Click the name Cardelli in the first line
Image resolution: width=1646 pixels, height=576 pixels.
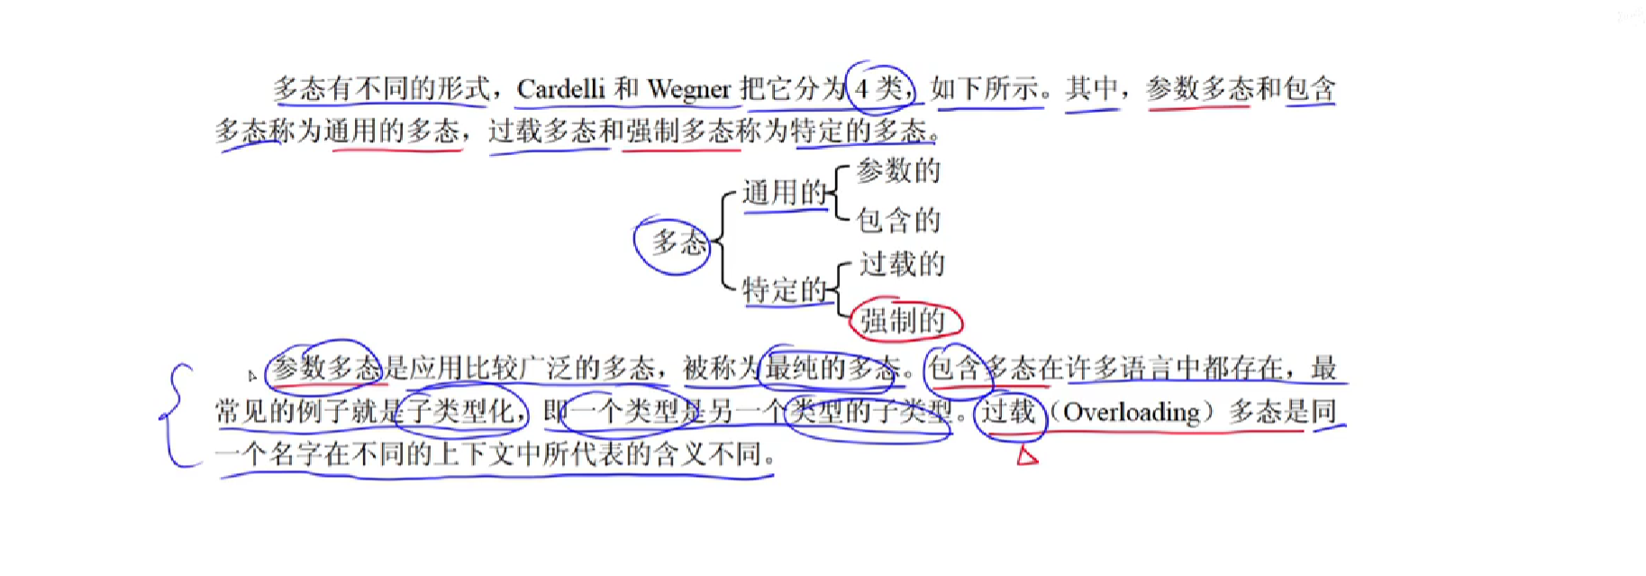coord(560,88)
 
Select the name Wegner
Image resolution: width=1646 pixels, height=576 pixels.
coord(689,88)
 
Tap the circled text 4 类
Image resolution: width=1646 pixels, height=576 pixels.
coord(879,88)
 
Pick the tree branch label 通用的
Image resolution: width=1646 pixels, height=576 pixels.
coord(783,192)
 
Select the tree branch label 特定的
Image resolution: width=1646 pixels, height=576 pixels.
coord(783,290)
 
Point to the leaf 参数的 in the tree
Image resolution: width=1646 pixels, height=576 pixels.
coord(898,170)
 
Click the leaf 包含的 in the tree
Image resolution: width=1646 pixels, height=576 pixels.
coord(898,220)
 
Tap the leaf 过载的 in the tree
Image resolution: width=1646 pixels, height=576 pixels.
coord(902,264)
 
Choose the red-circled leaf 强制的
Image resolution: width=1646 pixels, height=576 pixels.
coord(904,320)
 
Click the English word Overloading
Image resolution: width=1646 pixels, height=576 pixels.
coord(1132,412)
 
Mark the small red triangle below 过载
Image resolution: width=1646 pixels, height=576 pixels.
coord(1026,456)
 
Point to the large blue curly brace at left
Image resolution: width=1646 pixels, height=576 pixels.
coord(177,415)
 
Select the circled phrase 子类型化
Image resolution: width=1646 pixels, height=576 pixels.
coord(461,412)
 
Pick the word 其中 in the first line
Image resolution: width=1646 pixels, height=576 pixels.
coord(1092,88)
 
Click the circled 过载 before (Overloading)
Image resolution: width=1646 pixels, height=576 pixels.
coord(1009,412)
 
